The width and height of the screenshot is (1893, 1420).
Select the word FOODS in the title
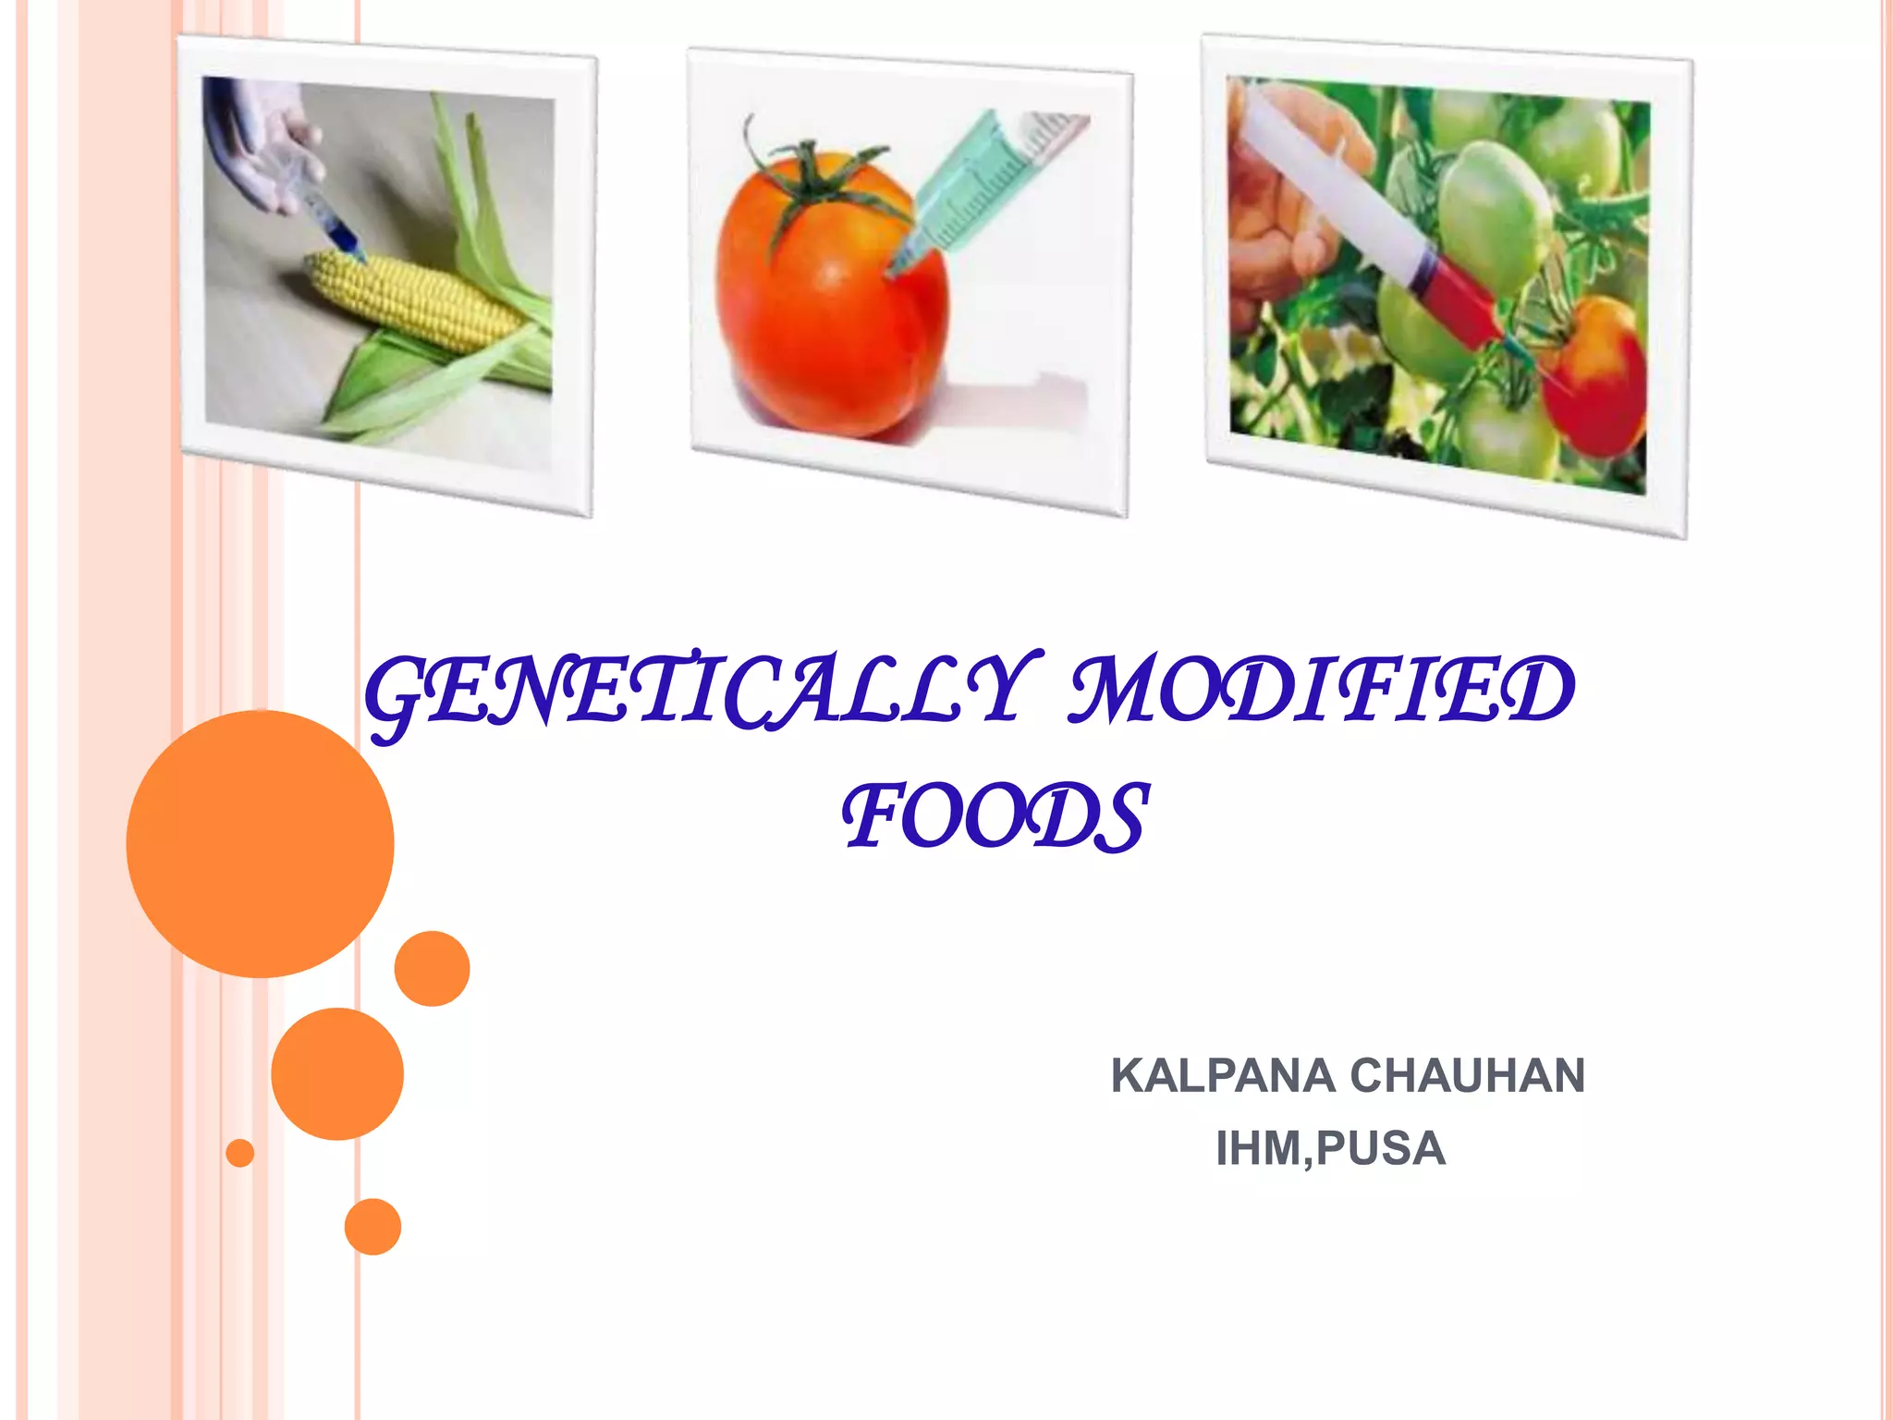[x=995, y=816]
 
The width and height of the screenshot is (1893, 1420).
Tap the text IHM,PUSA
[x=1330, y=1149]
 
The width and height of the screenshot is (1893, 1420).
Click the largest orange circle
[x=260, y=843]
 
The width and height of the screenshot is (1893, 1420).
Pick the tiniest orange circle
[x=240, y=1153]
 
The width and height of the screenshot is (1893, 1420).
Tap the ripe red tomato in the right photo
[x=1594, y=374]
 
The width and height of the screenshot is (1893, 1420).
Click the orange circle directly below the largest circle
[x=337, y=1073]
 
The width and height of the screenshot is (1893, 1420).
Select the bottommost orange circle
[x=372, y=1226]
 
